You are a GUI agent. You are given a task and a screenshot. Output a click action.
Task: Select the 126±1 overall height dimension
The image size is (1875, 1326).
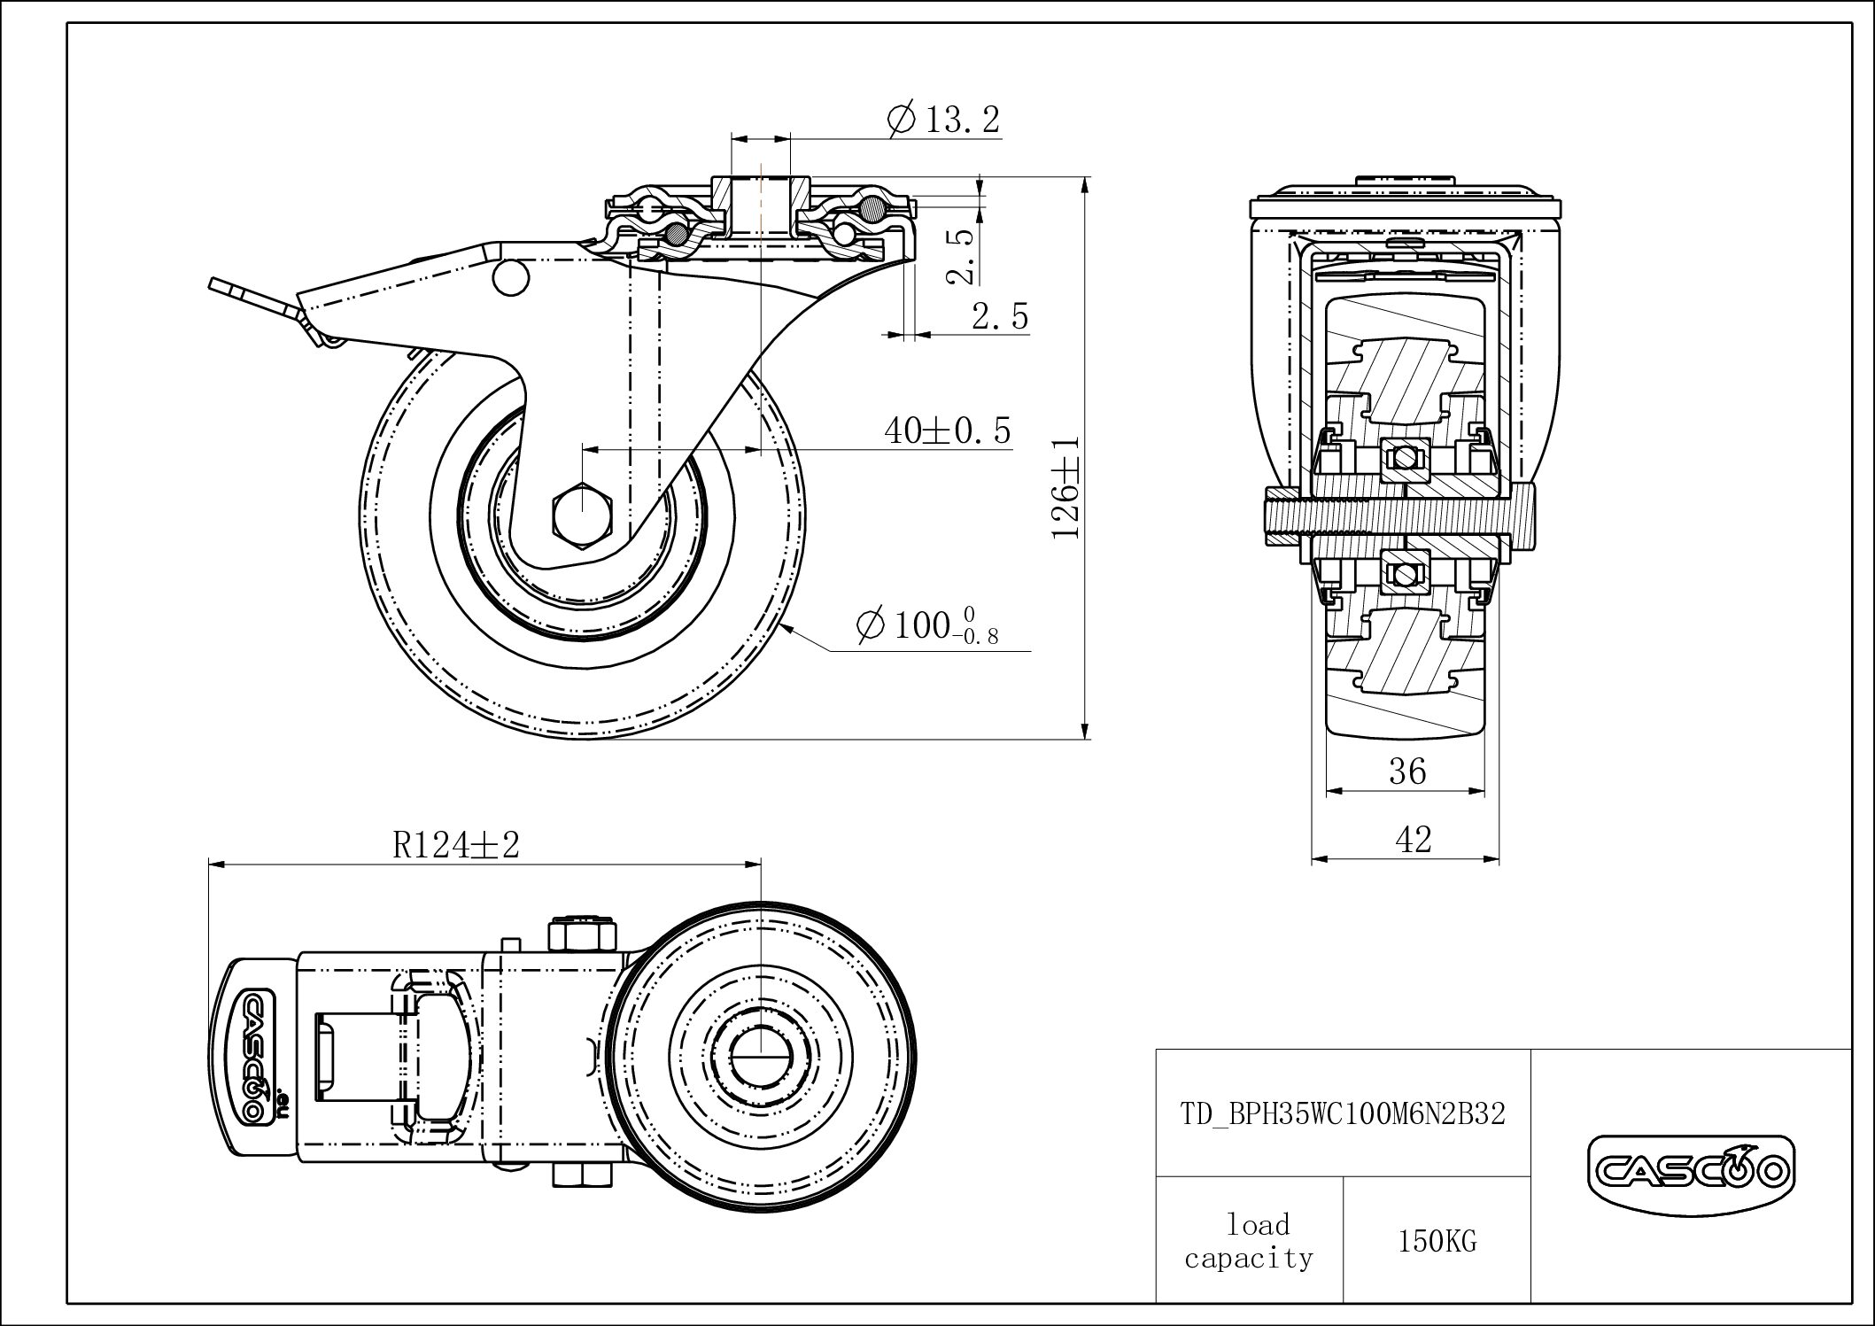[x=1066, y=486]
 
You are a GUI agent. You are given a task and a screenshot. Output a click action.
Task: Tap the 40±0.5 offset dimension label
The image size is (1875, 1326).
[x=947, y=431]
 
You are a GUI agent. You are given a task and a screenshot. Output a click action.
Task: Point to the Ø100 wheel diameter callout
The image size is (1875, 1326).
[x=926, y=625]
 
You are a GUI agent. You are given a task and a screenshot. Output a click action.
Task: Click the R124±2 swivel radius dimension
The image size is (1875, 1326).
[x=455, y=845]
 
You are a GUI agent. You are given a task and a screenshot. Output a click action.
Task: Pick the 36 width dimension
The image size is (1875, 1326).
[x=1406, y=772]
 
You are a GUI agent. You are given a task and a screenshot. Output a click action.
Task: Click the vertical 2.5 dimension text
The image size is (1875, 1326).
[x=962, y=256]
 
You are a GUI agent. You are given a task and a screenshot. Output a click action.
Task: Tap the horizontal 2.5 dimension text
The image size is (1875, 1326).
[x=1000, y=316]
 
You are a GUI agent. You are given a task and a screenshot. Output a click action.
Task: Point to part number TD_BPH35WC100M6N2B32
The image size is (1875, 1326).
[x=1343, y=1114]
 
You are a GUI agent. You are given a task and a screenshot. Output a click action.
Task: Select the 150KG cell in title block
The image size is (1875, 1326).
[x=1437, y=1242]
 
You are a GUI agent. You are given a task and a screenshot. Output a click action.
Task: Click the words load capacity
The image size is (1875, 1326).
[x=1249, y=1242]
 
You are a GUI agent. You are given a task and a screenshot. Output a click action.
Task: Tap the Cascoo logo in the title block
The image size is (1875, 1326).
[x=1691, y=1173]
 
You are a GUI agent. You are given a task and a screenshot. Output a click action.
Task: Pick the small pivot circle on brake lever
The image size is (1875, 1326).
[x=511, y=277]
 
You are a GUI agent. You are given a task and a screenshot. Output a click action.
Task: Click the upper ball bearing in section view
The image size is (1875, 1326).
[x=1404, y=458]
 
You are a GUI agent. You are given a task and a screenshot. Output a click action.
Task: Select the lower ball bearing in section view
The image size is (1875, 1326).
[x=1404, y=574]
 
